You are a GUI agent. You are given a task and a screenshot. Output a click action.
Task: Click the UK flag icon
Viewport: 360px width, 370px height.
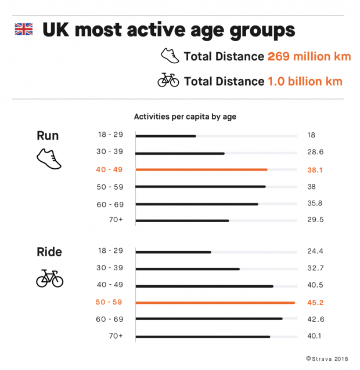pos(24,29)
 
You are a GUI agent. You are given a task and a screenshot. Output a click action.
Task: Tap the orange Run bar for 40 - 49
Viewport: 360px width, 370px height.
pos(201,170)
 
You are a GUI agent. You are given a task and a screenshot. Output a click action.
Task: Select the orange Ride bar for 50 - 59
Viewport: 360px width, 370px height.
pos(215,302)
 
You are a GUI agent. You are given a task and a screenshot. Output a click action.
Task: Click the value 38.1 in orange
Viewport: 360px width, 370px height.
pos(315,170)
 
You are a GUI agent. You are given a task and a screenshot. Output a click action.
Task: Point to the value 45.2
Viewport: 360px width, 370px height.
pos(315,302)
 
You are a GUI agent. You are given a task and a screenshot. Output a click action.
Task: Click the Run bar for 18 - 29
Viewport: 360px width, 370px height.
pos(165,136)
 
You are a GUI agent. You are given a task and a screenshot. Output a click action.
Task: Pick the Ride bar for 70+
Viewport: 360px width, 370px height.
pos(203,336)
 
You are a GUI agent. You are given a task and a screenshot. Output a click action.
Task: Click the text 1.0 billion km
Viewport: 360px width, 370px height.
pos(305,81)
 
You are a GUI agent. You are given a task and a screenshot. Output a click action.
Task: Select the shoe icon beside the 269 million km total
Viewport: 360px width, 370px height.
pos(170,56)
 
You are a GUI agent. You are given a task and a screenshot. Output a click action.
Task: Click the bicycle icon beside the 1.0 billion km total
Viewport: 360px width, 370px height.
pos(168,81)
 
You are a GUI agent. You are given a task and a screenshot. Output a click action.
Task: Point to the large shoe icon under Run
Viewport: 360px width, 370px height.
pos(49,158)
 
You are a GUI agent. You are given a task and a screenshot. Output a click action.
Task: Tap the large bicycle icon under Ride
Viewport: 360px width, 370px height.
pos(49,279)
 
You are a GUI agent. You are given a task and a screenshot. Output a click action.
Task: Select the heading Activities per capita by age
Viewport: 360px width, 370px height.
pos(185,117)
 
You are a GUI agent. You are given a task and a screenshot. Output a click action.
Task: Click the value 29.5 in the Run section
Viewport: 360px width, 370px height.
pos(315,220)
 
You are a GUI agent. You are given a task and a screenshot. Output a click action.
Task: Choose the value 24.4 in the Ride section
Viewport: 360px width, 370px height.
pos(315,252)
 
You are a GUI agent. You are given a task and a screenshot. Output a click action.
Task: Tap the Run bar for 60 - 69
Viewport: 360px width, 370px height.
pos(197,204)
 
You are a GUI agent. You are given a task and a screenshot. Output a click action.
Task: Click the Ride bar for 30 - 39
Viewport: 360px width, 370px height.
pos(188,269)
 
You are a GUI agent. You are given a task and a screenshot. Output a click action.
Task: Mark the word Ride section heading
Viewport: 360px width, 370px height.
pos(49,252)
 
